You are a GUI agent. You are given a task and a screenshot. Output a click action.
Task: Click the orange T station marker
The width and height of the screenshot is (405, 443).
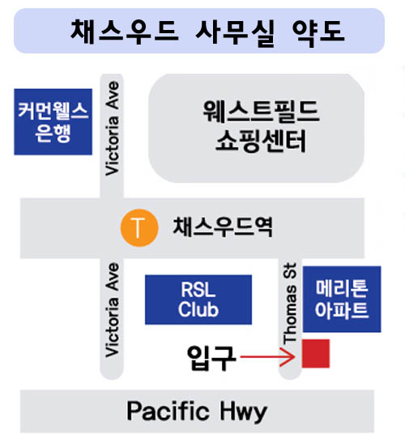pyautogui.click(x=139, y=228)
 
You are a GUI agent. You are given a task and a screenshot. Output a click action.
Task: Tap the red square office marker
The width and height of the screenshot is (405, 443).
pyautogui.click(x=316, y=353)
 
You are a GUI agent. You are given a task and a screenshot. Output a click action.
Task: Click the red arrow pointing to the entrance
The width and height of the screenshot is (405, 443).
pyautogui.click(x=267, y=357)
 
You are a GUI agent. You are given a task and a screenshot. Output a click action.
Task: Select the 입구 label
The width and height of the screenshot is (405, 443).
pyautogui.click(x=211, y=358)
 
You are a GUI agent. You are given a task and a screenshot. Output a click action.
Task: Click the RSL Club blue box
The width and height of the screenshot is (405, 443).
pyautogui.click(x=198, y=300)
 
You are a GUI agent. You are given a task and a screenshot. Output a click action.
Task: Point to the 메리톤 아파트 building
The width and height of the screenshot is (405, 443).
pyautogui.click(x=342, y=299)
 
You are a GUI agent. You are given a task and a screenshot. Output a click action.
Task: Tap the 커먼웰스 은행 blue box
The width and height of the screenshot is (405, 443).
pyautogui.click(x=53, y=121)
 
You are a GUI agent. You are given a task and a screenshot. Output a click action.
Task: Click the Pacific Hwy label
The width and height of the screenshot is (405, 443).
pyautogui.click(x=197, y=411)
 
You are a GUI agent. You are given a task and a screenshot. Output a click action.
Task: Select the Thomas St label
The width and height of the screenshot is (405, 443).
pyautogui.click(x=290, y=303)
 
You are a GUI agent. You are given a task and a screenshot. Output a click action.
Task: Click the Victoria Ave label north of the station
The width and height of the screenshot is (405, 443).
pyautogui.click(x=112, y=129)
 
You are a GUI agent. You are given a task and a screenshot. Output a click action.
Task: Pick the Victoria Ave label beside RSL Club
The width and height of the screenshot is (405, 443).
pyautogui.click(x=112, y=310)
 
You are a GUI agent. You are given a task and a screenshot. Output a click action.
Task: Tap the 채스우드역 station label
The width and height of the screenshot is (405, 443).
pyautogui.click(x=223, y=227)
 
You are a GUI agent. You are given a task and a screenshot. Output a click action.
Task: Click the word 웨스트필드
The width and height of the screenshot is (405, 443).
pyautogui.click(x=261, y=111)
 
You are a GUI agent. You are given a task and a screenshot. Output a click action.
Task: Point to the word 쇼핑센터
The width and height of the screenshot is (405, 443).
pyautogui.click(x=261, y=141)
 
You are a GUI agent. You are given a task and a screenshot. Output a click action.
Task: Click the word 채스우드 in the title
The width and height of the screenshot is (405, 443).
pyautogui.click(x=125, y=32)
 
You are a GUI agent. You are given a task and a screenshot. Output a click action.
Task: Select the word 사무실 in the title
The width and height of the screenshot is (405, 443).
pyautogui.click(x=235, y=32)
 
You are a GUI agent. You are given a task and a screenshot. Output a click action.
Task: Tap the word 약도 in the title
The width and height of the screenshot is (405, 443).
pyautogui.click(x=318, y=32)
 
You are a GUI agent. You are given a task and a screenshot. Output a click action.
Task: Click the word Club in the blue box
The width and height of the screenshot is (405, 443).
pyautogui.click(x=198, y=309)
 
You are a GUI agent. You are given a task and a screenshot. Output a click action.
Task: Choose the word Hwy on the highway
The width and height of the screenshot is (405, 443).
pyautogui.click(x=243, y=412)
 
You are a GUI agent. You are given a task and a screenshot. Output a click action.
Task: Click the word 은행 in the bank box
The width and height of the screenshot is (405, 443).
pyautogui.click(x=53, y=134)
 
